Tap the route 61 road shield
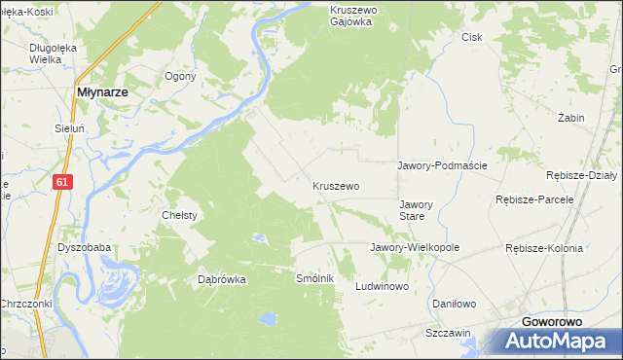62,181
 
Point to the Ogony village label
181,76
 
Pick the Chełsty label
180,215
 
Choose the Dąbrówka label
222,279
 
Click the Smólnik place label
315,278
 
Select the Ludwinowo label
383,287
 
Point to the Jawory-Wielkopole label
415,247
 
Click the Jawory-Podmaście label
442,165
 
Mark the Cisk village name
472,37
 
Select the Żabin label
571,118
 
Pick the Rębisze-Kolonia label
544,248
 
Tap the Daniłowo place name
454,304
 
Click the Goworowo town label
558,321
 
